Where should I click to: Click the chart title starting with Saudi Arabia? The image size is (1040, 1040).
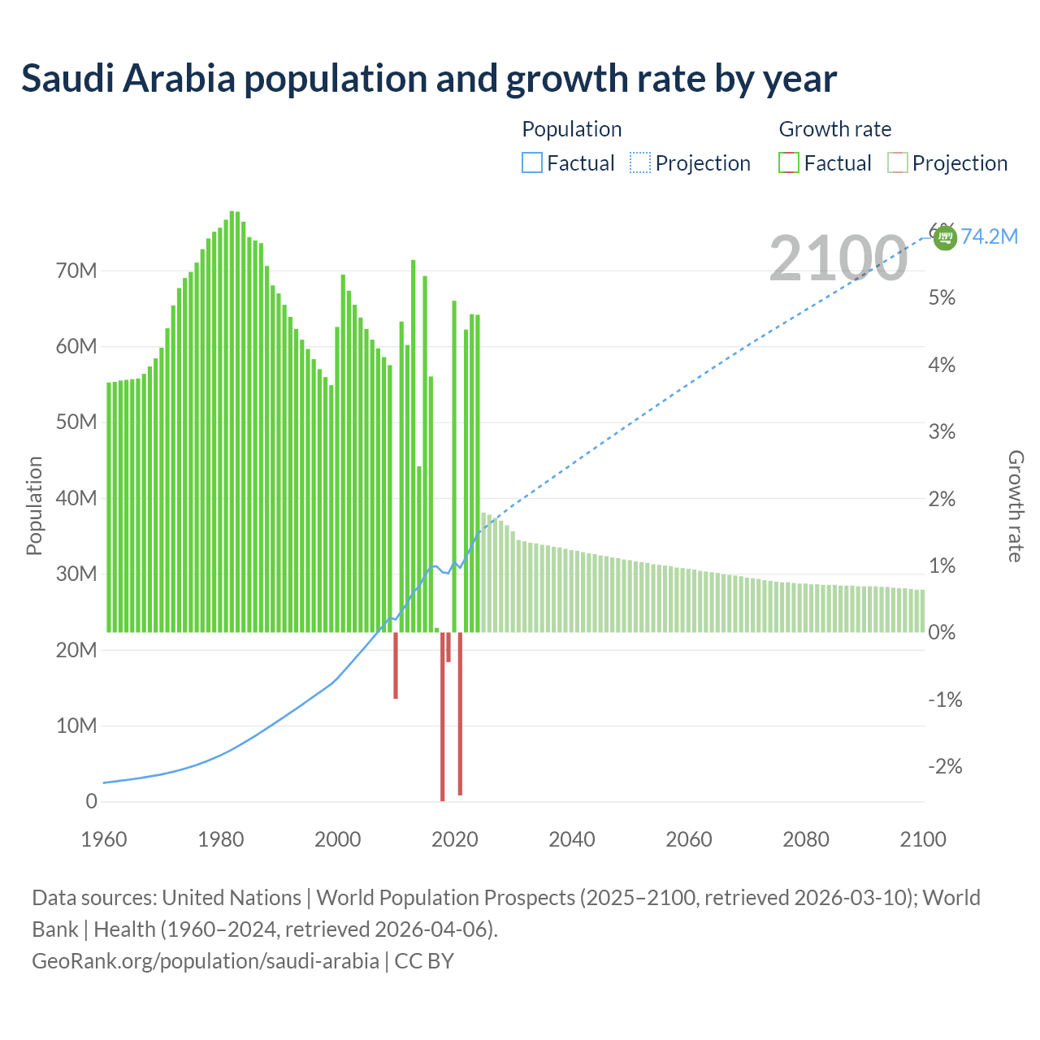pyautogui.click(x=428, y=79)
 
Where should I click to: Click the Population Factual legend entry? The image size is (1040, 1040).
pyautogui.click(x=568, y=163)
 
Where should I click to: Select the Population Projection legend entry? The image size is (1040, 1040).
pyautogui.click(x=691, y=163)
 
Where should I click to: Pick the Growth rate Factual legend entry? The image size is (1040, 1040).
pyautogui.click(x=825, y=163)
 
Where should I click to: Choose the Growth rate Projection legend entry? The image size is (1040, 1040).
pyautogui.click(x=947, y=163)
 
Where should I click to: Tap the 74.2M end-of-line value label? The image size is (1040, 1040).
pyautogui.click(x=989, y=236)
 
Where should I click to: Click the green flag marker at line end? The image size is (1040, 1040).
pyautogui.click(x=944, y=238)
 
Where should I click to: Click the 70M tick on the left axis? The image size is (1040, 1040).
pyautogui.click(x=76, y=271)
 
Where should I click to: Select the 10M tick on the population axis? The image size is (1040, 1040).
pyautogui.click(x=76, y=726)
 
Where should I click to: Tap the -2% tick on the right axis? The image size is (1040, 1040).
pyautogui.click(x=945, y=766)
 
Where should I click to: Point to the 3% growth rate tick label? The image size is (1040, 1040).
pyautogui.click(x=942, y=431)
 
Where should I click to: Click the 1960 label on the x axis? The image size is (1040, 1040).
pyautogui.click(x=104, y=839)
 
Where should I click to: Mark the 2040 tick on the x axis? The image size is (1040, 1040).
pyautogui.click(x=572, y=839)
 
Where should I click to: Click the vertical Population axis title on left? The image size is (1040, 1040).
pyautogui.click(x=34, y=505)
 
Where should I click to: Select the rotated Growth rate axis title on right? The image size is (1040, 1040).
pyautogui.click(x=1015, y=505)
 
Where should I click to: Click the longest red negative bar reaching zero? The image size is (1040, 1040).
pyautogui.click(x=443, y=715)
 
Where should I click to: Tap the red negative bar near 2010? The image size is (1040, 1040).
pyautogui.click(x=396, y=665)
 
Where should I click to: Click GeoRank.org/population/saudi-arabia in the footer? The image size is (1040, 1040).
pyautogui.click(x=205, y=960)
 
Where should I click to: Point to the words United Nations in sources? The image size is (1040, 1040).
pyautogui.click(x=232, y=898)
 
